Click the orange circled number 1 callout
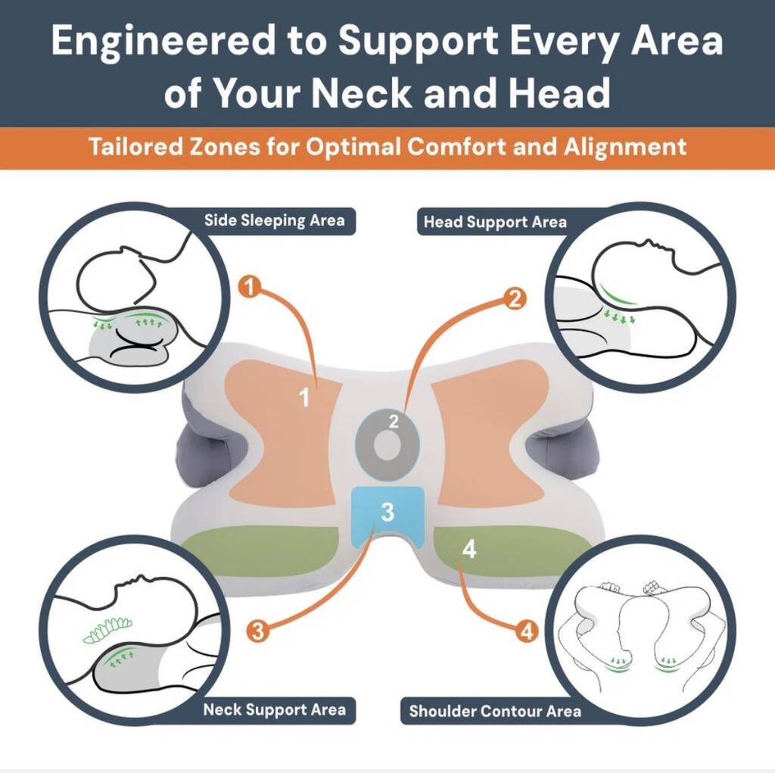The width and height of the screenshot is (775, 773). coord(250,287)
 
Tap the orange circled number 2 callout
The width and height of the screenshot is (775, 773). coord(515,299)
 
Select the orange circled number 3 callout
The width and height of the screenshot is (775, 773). coord(257,631)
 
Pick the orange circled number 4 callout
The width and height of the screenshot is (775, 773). coord(527,631)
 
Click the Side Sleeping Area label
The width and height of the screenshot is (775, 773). coord(274,220)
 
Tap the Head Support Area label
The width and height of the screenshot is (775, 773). coord(495,222)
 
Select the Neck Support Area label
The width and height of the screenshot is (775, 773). coord(274,710)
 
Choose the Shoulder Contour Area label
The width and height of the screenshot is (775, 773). coord(495,711)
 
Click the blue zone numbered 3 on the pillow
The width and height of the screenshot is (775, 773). coord(387,512)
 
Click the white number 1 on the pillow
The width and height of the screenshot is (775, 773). coord(304,397)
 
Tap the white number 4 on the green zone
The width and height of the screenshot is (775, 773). coord(469,549)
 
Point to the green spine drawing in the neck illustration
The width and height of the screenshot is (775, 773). coord(107,630)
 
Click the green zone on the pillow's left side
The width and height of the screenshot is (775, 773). coord(260,550)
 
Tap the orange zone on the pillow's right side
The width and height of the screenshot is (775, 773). coord(490,435)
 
